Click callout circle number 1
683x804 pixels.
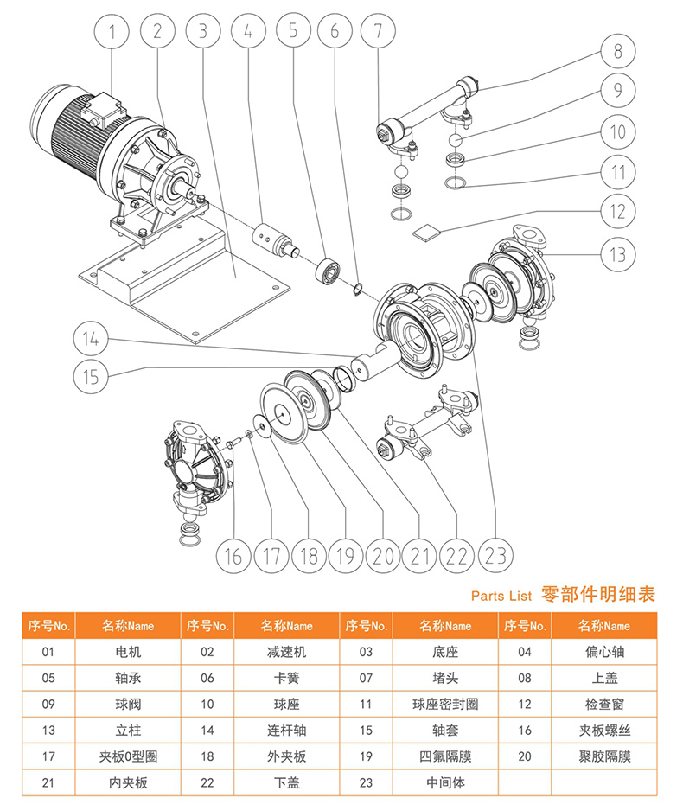111,33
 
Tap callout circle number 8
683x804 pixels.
616,51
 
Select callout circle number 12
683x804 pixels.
616,210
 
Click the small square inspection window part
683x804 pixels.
425,230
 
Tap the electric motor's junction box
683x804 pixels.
101,111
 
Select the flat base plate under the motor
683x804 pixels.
199,294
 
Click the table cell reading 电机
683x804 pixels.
127,652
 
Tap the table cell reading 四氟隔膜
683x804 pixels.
445,756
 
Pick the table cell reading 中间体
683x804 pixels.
445,782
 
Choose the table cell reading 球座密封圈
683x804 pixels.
445,705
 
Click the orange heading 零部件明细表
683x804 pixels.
597,595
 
